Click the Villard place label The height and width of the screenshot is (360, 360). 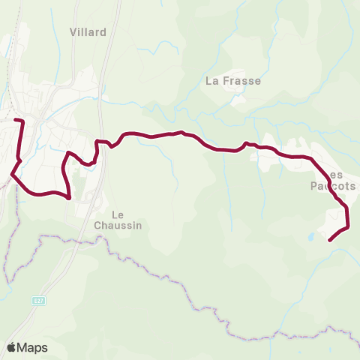point(88,32)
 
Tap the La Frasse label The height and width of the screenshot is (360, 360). point(232,81)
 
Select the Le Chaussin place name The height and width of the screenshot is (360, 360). point(118,219)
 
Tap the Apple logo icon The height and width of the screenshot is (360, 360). point(11,347)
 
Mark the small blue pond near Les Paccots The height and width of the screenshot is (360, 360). point(310,237)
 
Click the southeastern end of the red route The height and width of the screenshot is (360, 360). point(331,240)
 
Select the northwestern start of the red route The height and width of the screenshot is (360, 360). point(16,120)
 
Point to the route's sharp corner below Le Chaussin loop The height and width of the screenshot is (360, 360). point(69,199)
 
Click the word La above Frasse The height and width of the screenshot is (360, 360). point(211,81)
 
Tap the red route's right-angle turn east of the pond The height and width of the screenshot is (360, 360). point(348,226)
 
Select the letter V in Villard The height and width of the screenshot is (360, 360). point(73,32)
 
